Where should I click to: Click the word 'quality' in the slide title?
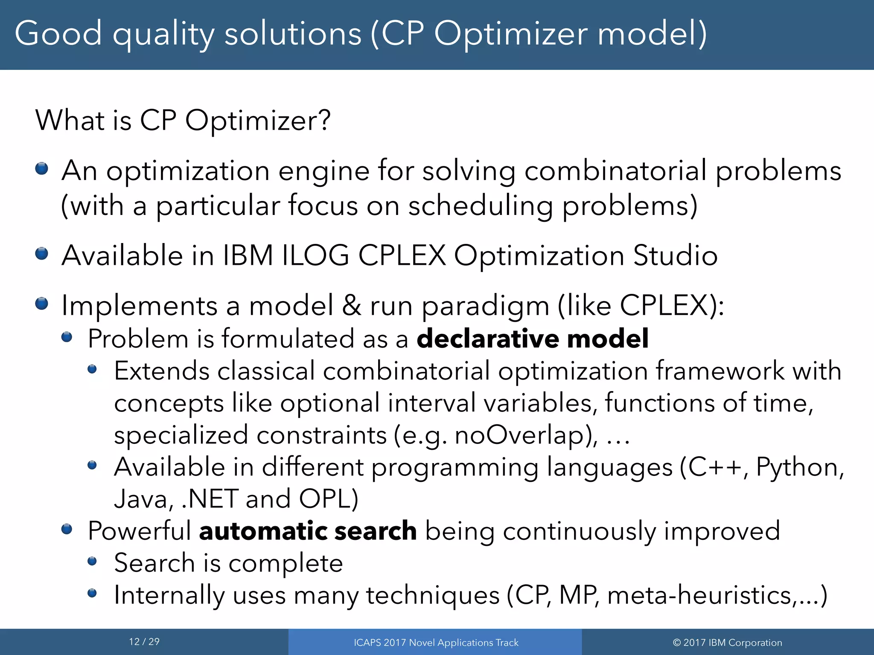163,34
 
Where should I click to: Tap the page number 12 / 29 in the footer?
144,642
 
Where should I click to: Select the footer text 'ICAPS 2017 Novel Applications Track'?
436,643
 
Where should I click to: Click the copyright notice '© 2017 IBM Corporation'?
727,643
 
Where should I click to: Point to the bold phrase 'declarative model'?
532,339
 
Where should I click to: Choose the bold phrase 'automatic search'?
308,531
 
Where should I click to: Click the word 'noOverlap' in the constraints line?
524,435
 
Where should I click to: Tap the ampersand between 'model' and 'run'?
351,306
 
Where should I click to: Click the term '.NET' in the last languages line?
210,499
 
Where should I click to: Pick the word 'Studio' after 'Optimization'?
675,256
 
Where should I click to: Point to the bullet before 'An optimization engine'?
42,168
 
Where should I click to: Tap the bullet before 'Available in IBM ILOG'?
42,254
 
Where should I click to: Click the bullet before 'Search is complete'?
92,561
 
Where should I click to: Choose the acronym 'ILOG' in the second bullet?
315,256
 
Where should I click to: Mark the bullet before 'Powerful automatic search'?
67,529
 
